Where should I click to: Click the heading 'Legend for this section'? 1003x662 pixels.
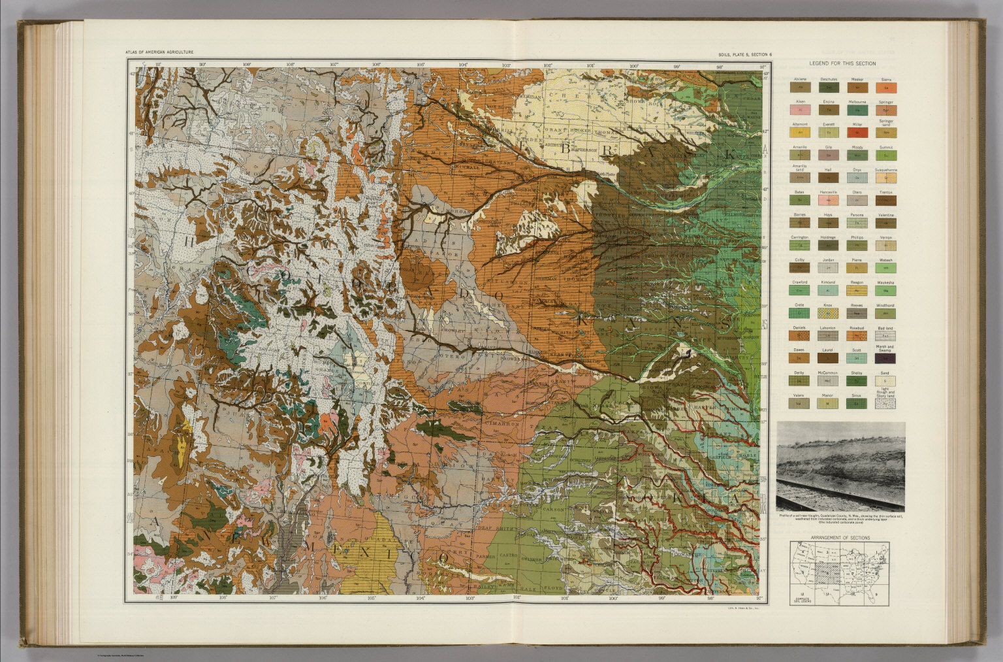842,63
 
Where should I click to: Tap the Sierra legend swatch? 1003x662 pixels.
886,87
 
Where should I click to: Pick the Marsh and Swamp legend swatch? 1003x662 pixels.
886,358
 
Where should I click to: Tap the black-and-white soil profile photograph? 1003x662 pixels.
841,466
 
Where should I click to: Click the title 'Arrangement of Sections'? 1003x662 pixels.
840,537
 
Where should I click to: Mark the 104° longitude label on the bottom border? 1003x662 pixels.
420,597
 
